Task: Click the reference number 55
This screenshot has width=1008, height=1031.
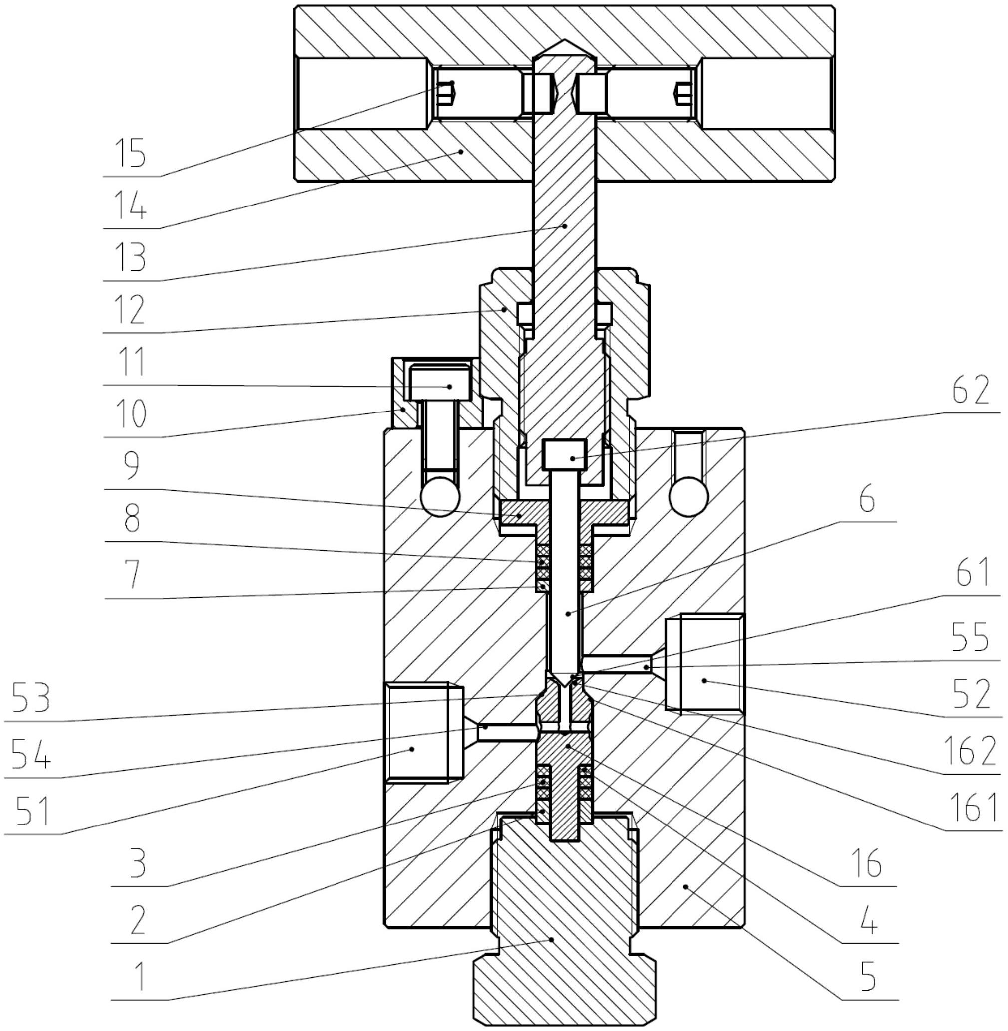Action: point(970,638)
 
